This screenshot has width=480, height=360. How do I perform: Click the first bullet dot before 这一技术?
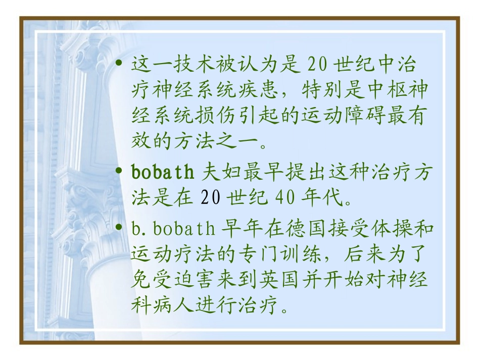pos(119,64)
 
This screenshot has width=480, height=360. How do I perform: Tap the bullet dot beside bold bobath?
pos(119,172)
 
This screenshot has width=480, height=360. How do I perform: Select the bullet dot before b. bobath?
pos(119,229)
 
